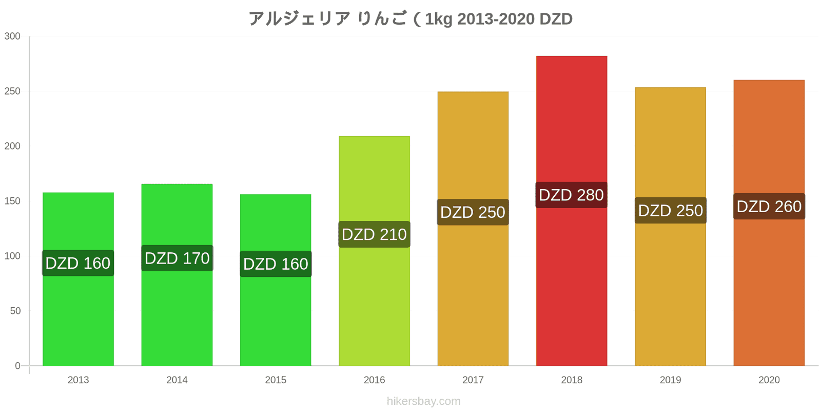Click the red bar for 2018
(x=572, y=211)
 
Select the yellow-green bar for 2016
(x=374, y=251)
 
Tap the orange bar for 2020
(x=769, y=223)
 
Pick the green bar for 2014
(x=177, y=275)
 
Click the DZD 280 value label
(x=572, y=195)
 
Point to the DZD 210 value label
(x=374, y=234)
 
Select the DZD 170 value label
(x=177, y=258)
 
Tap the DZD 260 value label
(x=769, y=206)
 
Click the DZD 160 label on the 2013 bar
(x=78, y=263)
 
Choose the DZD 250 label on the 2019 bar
(x=670, y=210)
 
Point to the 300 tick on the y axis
(x=12, y=36)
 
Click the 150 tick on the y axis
(x=12, y=201)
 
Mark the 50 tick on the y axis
(x=15, y=311)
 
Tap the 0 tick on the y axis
(x=17, y=365)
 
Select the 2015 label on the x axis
(x=276, y=380)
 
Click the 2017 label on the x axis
(x=473, y=380)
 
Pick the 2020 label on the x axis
(x=769, y=380)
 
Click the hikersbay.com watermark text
(x=423, y=401)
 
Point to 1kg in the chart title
(x=439, y=19)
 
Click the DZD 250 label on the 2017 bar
(x=473, y=212)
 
